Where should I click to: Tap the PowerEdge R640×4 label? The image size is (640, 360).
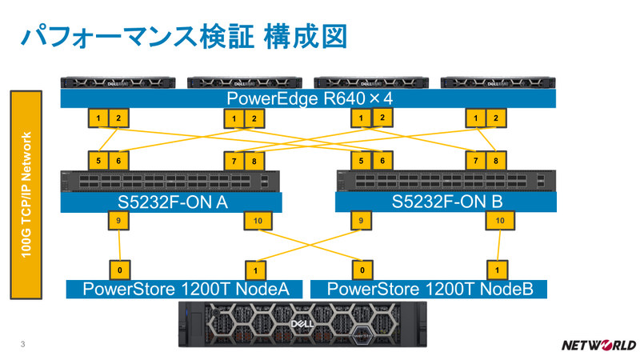point(309,98)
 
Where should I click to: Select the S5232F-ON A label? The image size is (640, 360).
point(172,202)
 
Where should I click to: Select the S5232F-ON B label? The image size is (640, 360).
point(445,202)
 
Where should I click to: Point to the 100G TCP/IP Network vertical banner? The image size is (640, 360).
point(26,195)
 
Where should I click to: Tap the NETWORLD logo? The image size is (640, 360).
point(598,346)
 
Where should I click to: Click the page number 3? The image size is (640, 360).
point(22,345)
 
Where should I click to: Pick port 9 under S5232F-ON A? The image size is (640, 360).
point(119,221)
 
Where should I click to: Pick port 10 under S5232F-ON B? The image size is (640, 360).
point(499,221)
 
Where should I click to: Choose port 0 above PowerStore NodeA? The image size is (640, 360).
point(119,270)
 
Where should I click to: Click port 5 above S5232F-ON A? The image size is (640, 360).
point(98,161)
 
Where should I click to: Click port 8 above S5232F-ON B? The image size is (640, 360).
point(496,161)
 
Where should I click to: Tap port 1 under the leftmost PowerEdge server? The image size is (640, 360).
point(98,118)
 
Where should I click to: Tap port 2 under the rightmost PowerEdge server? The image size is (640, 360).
point(496,118)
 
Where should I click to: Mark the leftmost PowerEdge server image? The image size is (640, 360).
point(118,82)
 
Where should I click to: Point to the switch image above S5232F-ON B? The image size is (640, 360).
point(445,181)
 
